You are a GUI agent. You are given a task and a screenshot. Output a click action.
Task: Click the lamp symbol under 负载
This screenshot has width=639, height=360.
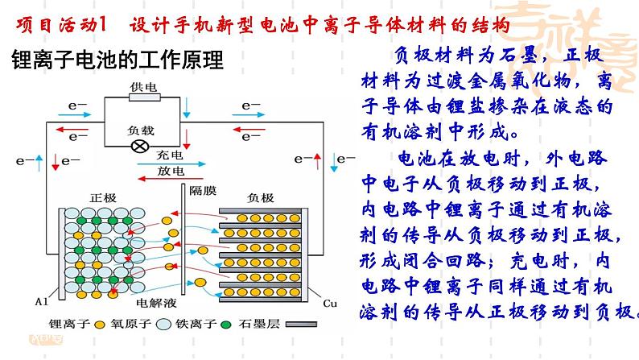139,146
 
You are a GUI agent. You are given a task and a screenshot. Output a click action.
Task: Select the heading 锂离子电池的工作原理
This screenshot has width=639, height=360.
117,60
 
